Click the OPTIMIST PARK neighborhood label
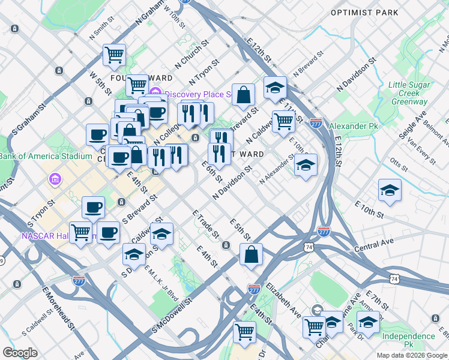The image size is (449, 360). pyautogui.click(x=364, y=12)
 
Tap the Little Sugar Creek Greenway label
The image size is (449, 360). pyautogui.click(x=409, y=93)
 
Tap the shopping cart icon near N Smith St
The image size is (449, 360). pyautogui.click(x=114, y=55)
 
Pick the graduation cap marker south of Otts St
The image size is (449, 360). pyautogui.click(x=390, y=190)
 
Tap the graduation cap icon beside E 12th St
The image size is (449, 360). pyautogui.click(x=274, y=87)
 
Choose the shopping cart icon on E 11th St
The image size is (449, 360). pyautogui.click(x=283, y=121)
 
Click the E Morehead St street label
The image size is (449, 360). pyautogui.click(x=58, y=310)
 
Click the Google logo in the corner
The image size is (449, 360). pyautogui.click(x=20, y=353)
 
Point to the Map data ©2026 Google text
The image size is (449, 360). pyautogui.click(x=412, y=355)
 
